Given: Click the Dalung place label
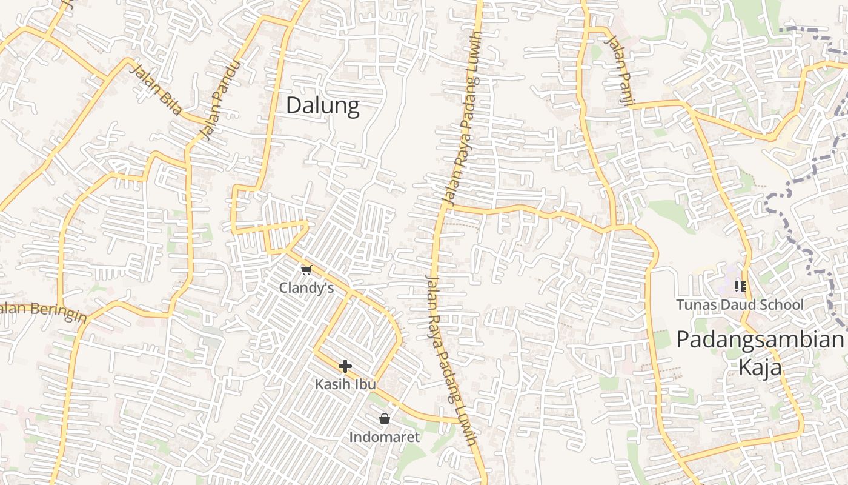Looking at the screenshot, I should (322, 106).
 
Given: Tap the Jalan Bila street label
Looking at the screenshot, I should (156, 90).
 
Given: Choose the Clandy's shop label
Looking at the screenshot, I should (306, 288).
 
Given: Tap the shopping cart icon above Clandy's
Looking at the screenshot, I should (306, 270).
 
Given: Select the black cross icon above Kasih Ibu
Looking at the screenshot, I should (345, 366).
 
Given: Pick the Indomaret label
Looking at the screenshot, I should (384, 436).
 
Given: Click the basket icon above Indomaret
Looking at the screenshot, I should (384, 419).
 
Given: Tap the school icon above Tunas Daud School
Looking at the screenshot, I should (740, 286).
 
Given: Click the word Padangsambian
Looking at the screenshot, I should (760, 339).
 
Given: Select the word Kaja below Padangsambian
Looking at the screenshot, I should (760, 367).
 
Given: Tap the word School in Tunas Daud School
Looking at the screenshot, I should (781, 304).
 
